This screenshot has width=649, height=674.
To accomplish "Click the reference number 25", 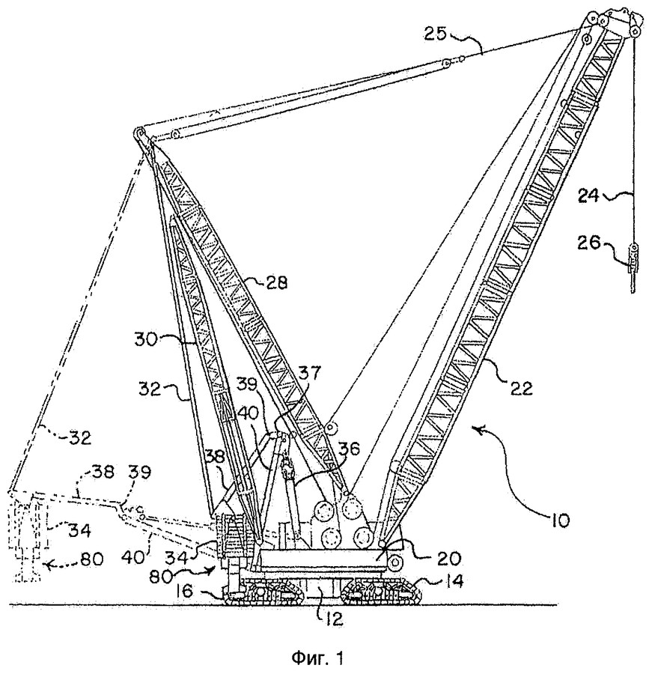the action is pyautogui.click(x=436, y=34).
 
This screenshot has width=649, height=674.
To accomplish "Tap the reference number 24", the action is pyautogui.click(x=590, y=195).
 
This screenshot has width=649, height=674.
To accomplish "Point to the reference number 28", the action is pyautogui.click(x=276, y=283).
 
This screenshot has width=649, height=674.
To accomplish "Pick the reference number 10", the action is pyautogui.click(x=558, y=520).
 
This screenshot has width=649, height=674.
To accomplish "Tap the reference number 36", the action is pyautogui.click(x=347, y=449).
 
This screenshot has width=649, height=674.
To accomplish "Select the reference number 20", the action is pyautogui.click(x=449, y=557).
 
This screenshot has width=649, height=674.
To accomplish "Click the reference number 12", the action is pyautogui.click(x=334, y=618).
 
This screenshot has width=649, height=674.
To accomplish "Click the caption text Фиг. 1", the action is pyautogui.click(x=318, y=658).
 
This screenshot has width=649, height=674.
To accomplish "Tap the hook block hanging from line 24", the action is pyautogui.click(x=633, y=267).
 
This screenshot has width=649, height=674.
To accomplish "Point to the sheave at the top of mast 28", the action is pyautogui.click(x=139, y=133).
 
